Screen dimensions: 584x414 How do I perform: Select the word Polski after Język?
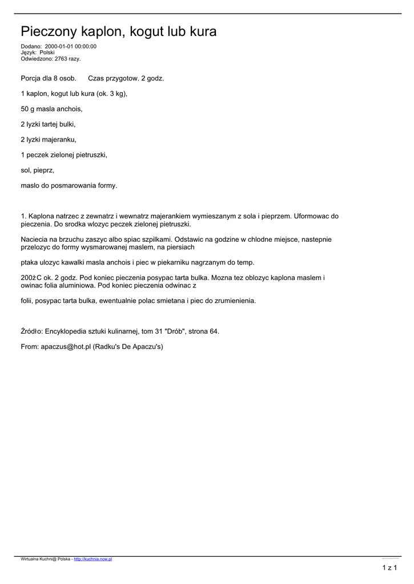coord(47,52)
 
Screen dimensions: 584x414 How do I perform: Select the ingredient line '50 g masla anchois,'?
coord(52,109)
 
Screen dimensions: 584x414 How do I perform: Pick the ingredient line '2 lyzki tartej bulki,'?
coord(49,124)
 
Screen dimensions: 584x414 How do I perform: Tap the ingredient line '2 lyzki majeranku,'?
coord(49,139)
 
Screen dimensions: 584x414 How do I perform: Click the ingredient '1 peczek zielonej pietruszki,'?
coord(64,155)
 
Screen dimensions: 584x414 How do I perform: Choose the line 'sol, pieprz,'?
coord(38,170)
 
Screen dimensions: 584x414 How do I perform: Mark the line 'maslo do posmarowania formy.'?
coord(69,185)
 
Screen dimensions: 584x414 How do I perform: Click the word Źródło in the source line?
coord(31,331)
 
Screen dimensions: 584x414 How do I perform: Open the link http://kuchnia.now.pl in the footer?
coord(93,559)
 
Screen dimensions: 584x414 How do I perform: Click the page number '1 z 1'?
coord(389,567)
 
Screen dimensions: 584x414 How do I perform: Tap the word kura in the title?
coord(204,32)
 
